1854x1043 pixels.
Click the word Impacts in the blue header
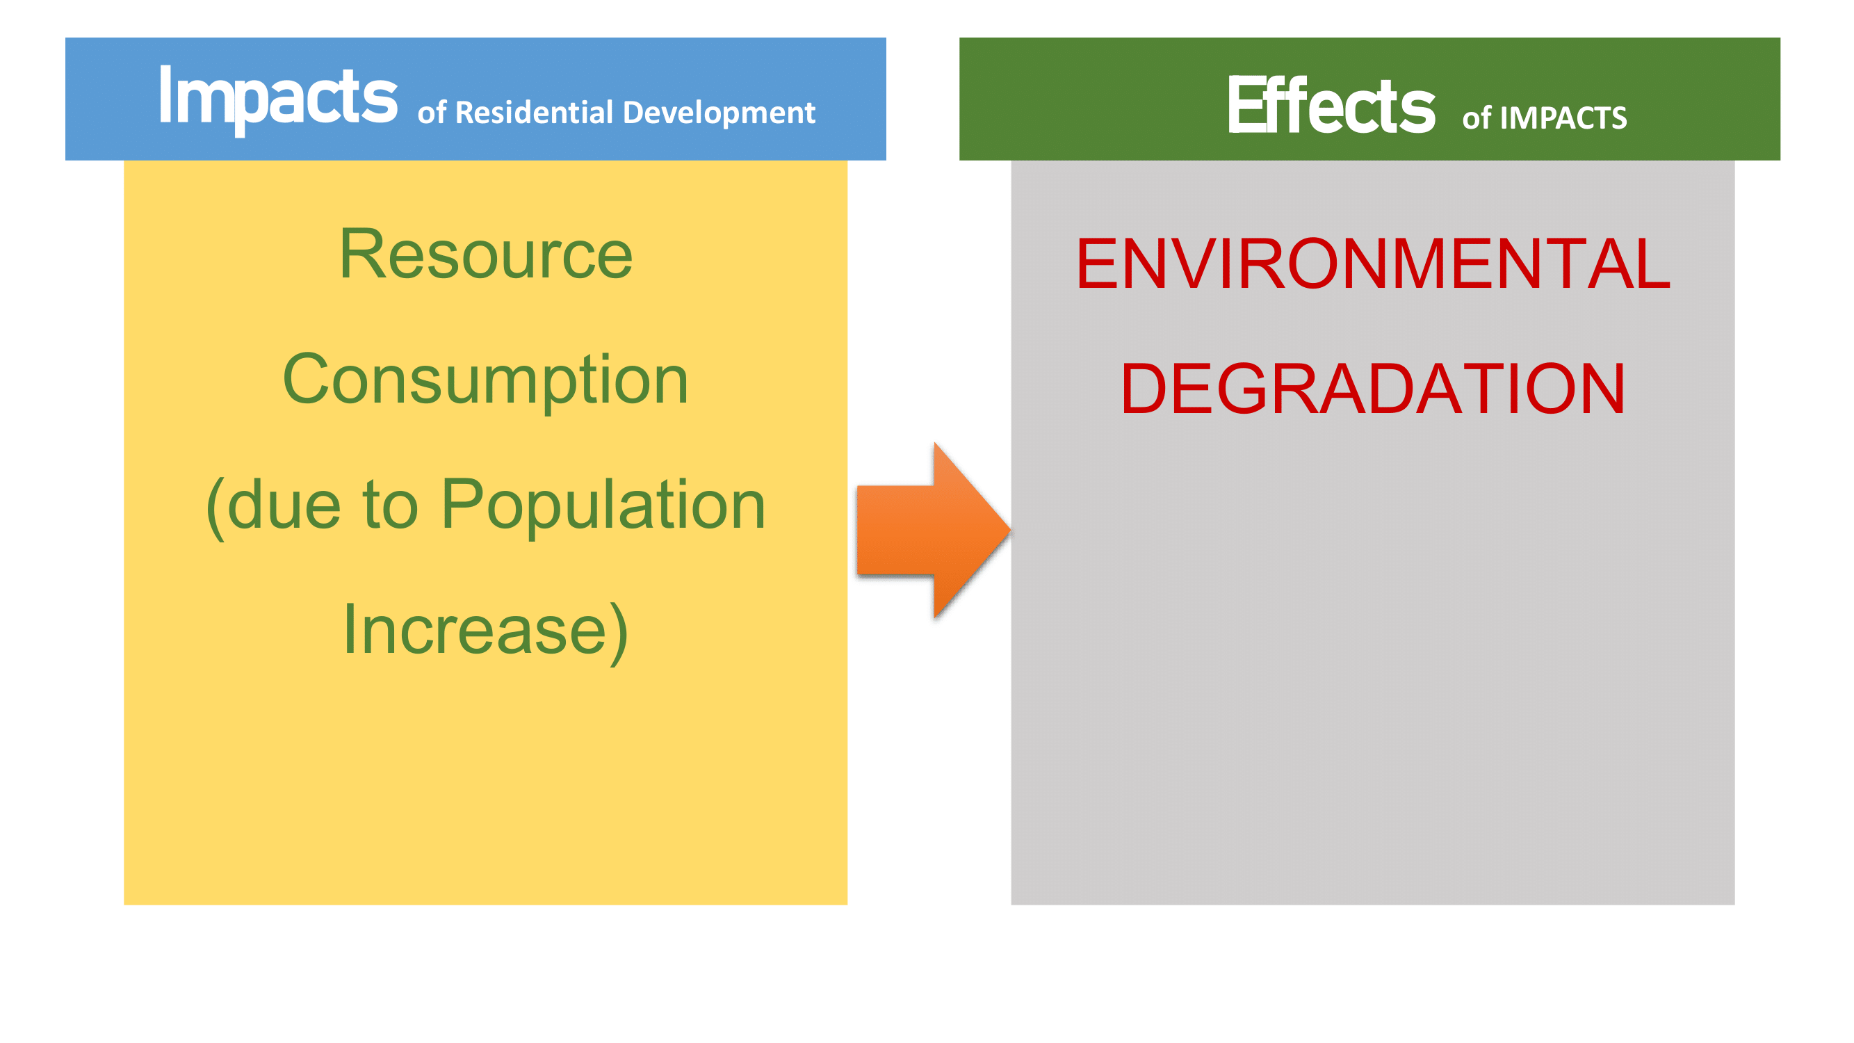click(278, 99)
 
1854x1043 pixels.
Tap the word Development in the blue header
click(718, 114)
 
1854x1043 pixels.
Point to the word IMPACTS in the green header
click(1563, 118)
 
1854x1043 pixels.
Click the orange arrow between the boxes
click(934, 531)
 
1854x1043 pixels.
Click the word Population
click(603, 507)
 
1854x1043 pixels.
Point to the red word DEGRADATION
click(1372, 389)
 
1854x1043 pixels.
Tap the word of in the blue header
click(432, 114)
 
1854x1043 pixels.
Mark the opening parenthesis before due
click(216, 508)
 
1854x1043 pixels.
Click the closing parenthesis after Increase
click(618, 633)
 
